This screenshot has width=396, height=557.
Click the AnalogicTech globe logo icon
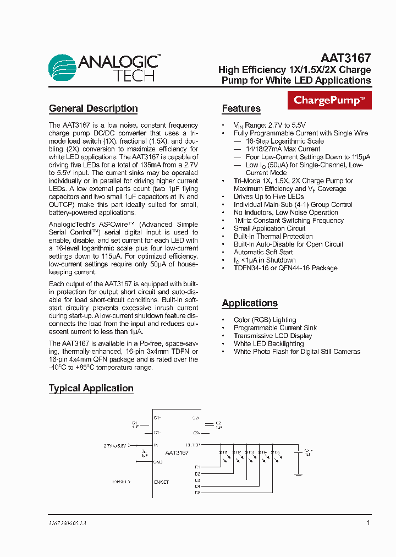click(62, 68)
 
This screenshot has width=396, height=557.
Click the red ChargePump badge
click(329, 100)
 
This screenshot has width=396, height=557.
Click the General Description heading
click(93, 108)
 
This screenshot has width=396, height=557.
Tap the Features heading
click(241, 108)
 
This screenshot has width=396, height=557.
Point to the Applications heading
click(249, 303)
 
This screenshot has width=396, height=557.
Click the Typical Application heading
click(91, 388)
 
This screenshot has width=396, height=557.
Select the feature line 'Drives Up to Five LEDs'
click(268, 196)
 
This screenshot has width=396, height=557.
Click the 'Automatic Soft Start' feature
click(263, 252)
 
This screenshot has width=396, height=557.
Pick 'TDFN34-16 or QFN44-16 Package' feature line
click(285, 268)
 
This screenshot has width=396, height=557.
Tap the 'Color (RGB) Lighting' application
click(265, 320)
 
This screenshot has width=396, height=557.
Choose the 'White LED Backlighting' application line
click(268, 343)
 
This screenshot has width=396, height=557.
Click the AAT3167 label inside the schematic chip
click(177, 452)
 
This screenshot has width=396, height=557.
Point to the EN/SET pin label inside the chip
click(162, 482)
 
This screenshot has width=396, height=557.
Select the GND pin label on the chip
click(158, 462)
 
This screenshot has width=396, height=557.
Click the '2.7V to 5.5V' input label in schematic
click(115, 445)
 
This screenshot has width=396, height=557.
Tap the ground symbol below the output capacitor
click(299, 473)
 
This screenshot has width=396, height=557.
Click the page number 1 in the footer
click(368, 523)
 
